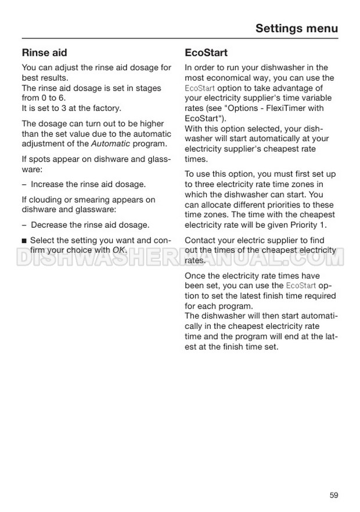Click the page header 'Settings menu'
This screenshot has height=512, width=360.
tap(296, 28)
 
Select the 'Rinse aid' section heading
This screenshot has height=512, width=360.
tap(44, 53)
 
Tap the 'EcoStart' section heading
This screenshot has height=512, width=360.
tap(206, 53)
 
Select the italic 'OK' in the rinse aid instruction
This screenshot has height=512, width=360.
tap(119, 250)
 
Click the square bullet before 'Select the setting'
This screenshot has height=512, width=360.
tap(24, 241)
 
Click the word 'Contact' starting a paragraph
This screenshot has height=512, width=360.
tap(200, 241)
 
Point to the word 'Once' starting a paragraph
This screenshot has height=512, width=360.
tap(195, 275)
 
